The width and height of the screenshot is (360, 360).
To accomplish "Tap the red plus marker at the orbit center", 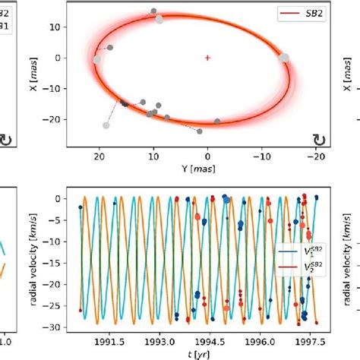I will [207, 57].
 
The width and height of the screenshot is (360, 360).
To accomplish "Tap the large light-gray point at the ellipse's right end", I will [284, 57].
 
